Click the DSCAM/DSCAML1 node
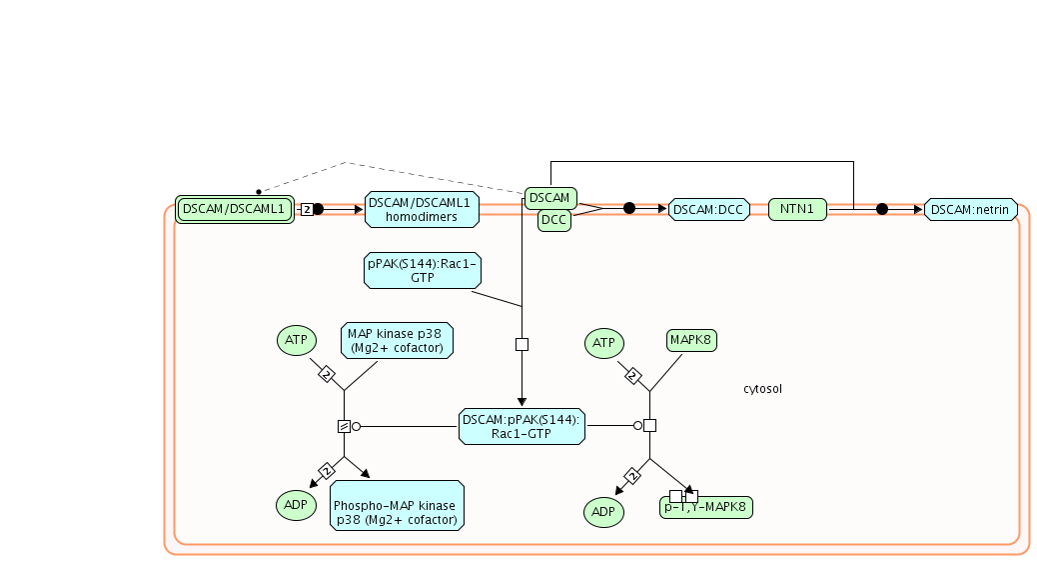[235, 210]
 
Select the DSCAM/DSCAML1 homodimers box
[422, 210]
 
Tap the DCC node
[554, 220]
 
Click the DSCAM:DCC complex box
[708, 210]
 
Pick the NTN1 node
[797, 210]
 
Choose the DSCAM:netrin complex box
[971, 210]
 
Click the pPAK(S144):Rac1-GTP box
[423, 271]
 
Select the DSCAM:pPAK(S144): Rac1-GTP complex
[521, 426]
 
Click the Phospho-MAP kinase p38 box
[398, 505]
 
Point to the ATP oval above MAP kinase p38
[296, 340]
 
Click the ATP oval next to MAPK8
[603, 343]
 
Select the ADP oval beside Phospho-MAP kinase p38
[296, 505]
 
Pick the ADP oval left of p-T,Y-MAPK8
[603, 512]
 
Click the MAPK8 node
[691, 341]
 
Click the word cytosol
[762, 388]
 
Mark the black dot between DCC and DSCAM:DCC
[629, 208]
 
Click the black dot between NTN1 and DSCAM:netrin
[882, 209]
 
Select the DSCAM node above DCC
[548, 198]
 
